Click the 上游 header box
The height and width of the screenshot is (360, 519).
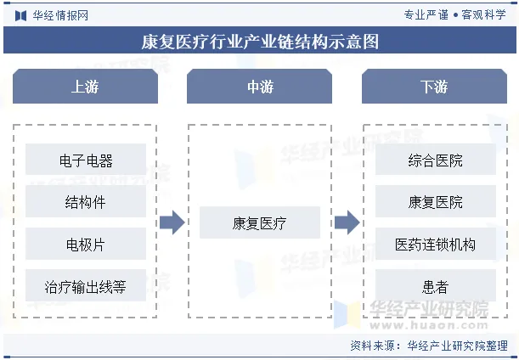pos(85,87)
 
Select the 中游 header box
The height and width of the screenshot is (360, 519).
pos(260,87)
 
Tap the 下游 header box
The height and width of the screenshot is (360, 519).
pos(434,87)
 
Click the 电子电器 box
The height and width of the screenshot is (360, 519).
pos(86,160)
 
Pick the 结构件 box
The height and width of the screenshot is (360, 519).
pos(86,202)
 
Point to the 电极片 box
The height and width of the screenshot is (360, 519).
pos(86,245)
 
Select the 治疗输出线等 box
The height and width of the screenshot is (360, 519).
pos(86,286)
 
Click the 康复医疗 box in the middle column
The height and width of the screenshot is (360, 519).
pos(260,223)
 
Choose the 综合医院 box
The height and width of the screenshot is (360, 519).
pos(435,160)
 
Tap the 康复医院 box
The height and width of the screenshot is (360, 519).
pos(435,202)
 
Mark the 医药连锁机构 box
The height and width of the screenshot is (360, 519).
pos(435,245)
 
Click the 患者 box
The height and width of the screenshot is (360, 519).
pos(435,286)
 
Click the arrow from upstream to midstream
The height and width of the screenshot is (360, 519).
pos(172,223)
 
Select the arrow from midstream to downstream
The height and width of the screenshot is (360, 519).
pos(347,223)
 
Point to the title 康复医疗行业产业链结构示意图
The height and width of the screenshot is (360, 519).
pos(259,41)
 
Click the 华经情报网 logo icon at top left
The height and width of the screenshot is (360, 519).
pos(20,15)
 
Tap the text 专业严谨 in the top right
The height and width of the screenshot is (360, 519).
pos(426,15)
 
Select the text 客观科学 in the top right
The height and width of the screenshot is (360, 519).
pos(485,15)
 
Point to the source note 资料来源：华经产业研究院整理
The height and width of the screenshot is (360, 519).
pos(430,346)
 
